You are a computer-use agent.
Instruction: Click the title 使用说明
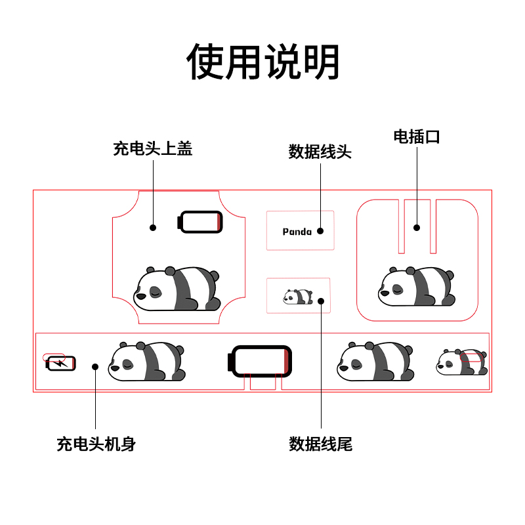click(x=262, y=62)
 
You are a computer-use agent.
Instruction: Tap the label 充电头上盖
click(x=153, y=149)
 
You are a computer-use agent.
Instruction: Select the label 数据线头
click(x=320, y=152)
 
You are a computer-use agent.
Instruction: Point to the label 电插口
click(x=417, y=136)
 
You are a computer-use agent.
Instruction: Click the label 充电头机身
click(x=96, y=444)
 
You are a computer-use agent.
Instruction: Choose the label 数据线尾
click(x=321, y=444)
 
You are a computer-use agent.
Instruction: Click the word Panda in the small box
click(x=297, y=232)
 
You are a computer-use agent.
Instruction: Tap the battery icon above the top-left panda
click(x=201, y=222)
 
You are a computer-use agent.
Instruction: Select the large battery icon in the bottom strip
click(x=259, y=362)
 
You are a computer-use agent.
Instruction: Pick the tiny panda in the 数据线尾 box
click(x=298, y=297)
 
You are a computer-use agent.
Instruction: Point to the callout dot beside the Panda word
click(x=320, y=231)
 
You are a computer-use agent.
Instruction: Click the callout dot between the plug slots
click(x=416, y=228)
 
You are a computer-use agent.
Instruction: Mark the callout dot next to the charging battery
click(x=95, y=366)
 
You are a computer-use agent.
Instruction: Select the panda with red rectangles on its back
click(x=462, y=362)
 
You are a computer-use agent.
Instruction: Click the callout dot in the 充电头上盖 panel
click(x=153, y=228)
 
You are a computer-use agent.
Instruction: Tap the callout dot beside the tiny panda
click(x=321, y=301)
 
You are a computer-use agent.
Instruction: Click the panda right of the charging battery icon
click(x=146, y=362)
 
